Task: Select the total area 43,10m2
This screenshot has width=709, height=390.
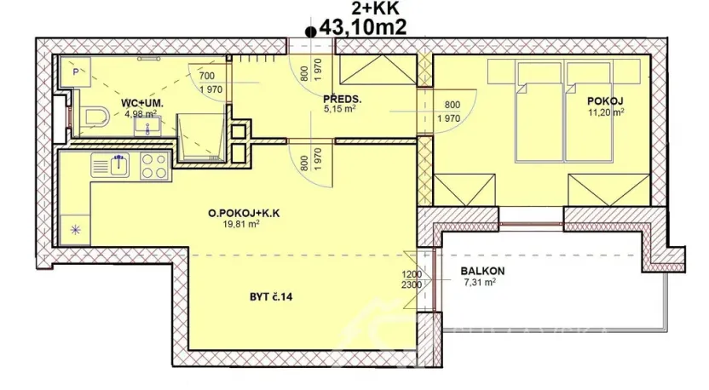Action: pos(361,27)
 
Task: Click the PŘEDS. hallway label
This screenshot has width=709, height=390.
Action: pos(342,99)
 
